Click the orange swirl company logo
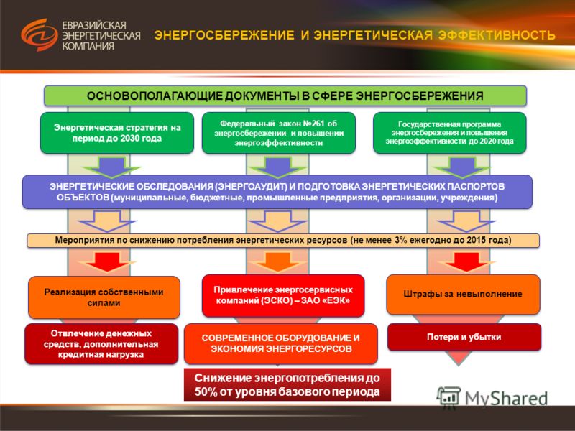[40, 34]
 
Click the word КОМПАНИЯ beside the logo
[88, 46]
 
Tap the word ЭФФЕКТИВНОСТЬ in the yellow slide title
[497, 35]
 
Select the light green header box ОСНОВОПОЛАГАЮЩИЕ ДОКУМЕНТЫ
[285, 96]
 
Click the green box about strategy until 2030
[117, 133]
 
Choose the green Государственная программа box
[450, 133]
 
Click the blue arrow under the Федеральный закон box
[277, 167]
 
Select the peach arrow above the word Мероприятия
[107, 221]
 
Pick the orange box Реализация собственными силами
[104, 297]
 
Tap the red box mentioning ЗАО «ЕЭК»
[283, 295]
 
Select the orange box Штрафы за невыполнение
[463, 295]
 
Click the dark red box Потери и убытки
[464, 337]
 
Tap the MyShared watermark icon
[448, 397]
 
